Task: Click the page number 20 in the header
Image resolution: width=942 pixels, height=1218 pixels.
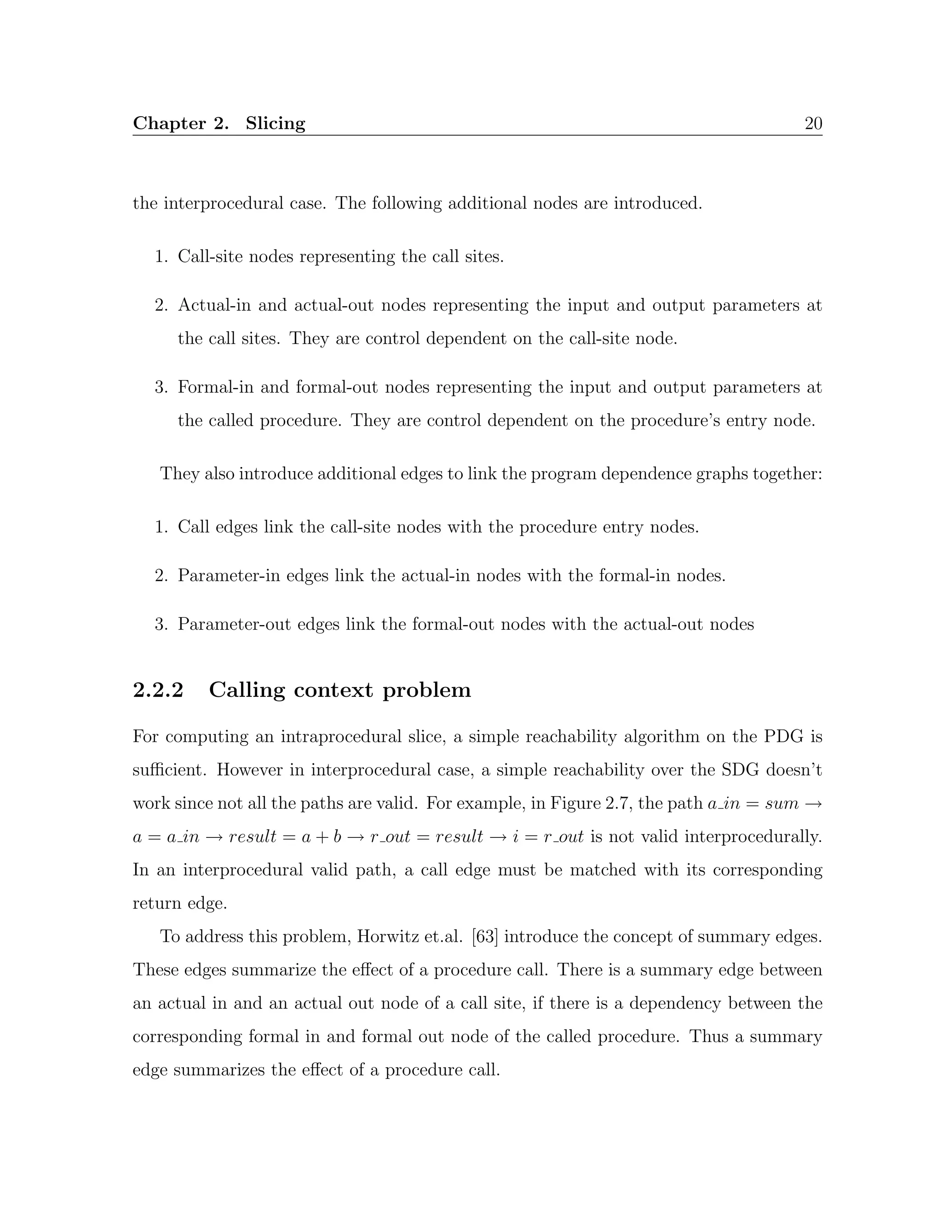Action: (x=813, y=123)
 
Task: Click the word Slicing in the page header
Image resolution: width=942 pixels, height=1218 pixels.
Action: (x=275, y=123)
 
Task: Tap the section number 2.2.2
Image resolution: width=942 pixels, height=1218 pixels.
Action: (x=158, y=690)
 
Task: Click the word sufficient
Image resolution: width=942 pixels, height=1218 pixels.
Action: (x=170, y=770)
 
